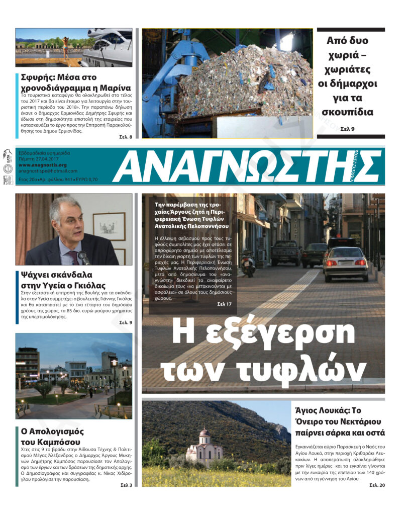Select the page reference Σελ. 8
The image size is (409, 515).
(126, 137)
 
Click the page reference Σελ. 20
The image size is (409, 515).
(377, 485)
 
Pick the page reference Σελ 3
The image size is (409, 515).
(126, 485)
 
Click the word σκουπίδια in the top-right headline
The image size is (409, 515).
(352, 112)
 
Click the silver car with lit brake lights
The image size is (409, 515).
(345, 263)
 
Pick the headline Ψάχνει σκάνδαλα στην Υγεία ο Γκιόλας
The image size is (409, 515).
(63, 281)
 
